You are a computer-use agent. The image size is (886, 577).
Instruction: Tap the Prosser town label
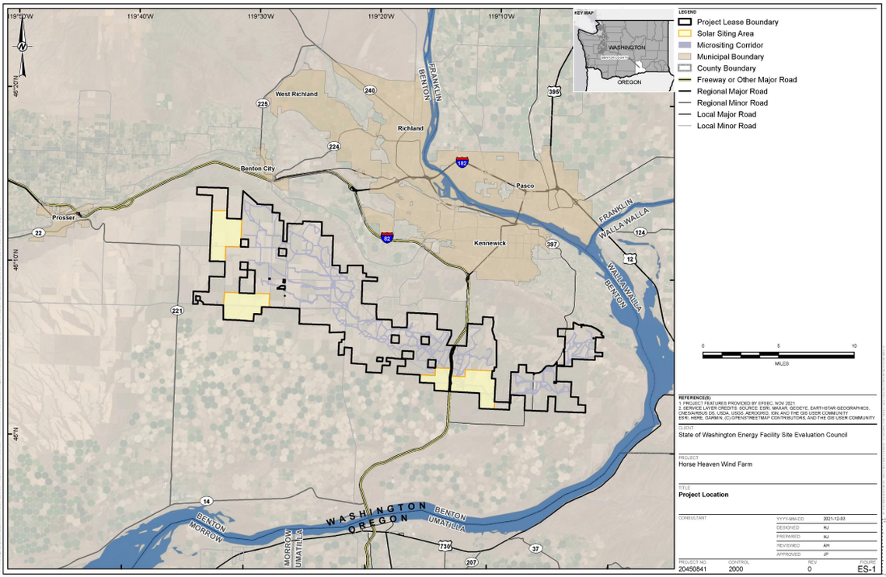pos(63,217)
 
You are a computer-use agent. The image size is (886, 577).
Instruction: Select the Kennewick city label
pos(490,243)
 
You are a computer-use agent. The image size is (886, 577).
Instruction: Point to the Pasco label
pos(526,186)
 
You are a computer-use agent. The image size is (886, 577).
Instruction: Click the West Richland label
pos(296,94)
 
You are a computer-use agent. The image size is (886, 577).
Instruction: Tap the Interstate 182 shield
pos(462,163)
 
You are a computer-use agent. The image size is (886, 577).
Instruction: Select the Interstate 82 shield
pos(387,237)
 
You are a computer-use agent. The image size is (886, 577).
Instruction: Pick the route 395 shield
pos(553,92)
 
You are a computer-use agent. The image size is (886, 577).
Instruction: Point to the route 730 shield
pos(445,547)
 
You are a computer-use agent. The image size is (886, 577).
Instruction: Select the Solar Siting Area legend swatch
pos(685,33)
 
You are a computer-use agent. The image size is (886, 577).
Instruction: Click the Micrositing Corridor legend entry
pos(731,45)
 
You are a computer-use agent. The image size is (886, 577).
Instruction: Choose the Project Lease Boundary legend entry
pos(737,23)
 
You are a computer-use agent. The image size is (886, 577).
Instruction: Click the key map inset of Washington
pos(623,51)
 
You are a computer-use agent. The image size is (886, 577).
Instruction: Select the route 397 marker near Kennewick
pos(553,244)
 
